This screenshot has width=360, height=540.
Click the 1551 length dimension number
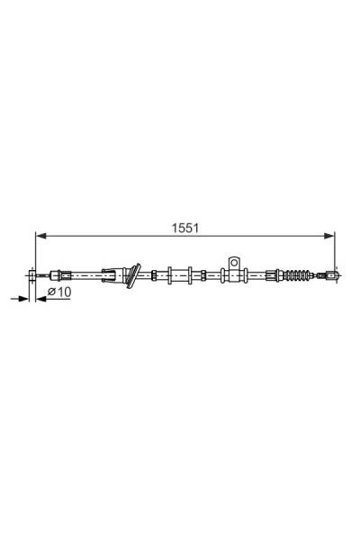pos(185,229)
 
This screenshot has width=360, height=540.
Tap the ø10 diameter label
pos(59,292)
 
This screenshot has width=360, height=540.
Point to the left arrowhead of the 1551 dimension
pos(41,236)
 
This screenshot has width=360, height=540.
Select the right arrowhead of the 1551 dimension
pos(329,236)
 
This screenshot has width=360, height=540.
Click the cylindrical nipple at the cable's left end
pos(31,275)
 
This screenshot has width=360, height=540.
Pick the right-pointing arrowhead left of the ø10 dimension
pos(23,299)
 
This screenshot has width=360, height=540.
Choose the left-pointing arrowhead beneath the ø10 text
pos(41,299)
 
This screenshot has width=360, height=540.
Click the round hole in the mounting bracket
pos(234,263)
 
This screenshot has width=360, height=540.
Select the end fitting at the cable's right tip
pos(331,275)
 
